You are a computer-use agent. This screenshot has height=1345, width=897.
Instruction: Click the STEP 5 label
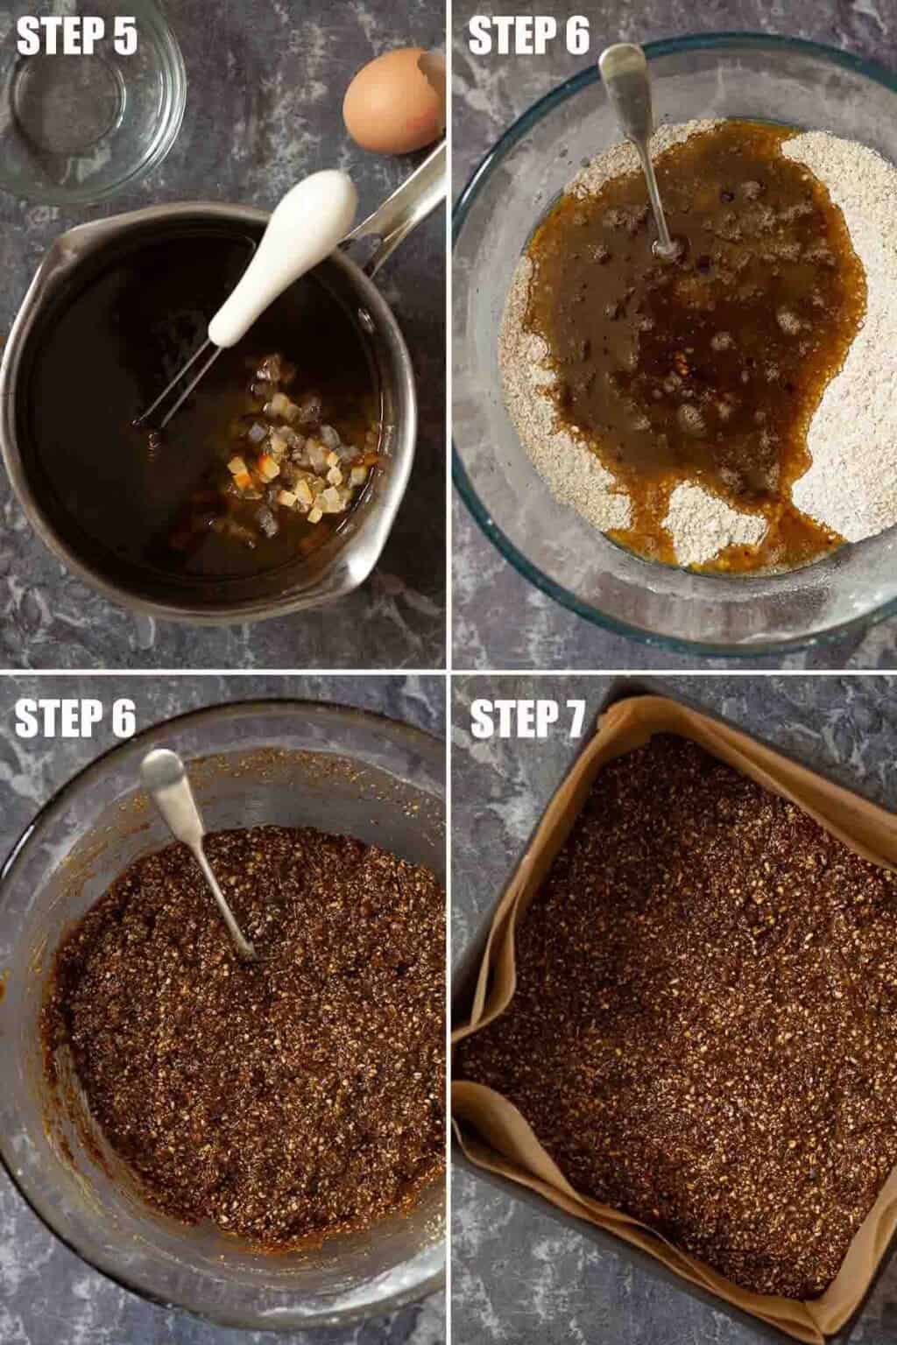(x=77, y=35)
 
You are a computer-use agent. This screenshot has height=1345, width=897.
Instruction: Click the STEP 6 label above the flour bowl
(x=529, y=35)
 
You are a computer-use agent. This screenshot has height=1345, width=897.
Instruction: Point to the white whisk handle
(x=282, y=252)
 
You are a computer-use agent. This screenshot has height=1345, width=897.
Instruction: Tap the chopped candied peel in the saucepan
(x=294, y=462)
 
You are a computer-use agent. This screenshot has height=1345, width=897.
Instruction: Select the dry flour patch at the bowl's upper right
(x=841, y=198)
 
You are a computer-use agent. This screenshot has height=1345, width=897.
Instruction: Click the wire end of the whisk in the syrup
(x=145, y=420)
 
